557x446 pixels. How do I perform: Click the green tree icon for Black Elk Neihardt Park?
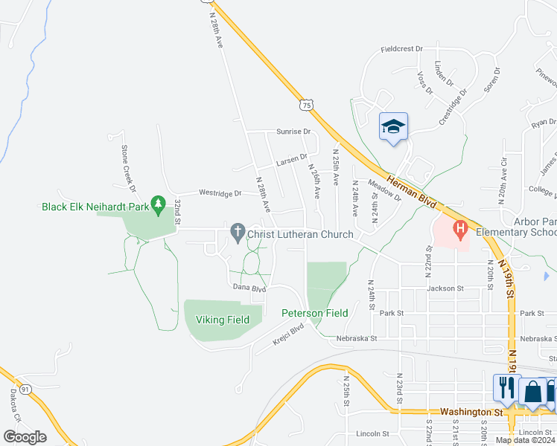157,203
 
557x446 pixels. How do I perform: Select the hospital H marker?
459,228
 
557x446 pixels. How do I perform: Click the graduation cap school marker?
393,127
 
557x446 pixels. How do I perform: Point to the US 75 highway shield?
307,106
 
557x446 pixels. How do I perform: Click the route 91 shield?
25,389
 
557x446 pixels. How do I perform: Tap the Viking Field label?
222,320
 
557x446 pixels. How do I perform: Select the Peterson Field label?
314,313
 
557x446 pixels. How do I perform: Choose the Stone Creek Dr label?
125,164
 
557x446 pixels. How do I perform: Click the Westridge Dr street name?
220,193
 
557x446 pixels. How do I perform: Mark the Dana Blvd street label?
249,287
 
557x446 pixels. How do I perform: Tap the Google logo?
25,437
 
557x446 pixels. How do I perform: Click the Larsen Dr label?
291,160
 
